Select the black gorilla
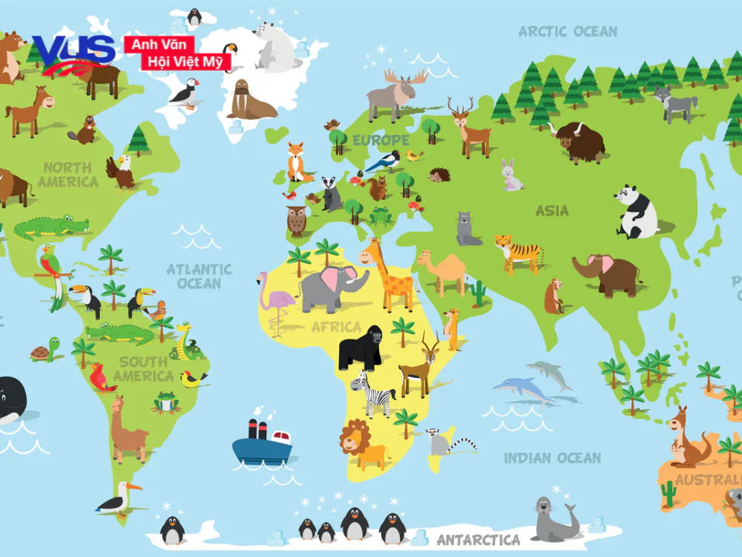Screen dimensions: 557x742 [x=360, y=347]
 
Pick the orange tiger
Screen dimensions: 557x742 [x=517, y=253]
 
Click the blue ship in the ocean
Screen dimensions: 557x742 [x=262, y=443]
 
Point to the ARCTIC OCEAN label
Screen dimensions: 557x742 [x=568, y=31]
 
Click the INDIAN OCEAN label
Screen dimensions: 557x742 [x=553, y=457]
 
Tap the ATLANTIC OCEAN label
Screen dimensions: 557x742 [x=199, y=276]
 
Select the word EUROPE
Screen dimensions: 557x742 [x=381, y=140]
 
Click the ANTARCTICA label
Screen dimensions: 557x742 [x=478, y=539]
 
